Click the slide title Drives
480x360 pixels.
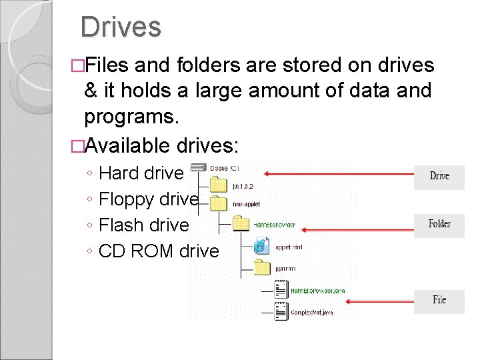point(121,27)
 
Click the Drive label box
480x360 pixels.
point(439,177)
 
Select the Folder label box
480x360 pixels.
point(439,225)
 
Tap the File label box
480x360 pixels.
point(439,301)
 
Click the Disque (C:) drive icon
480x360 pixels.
point(199,167)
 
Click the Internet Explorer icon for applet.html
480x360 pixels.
point(262,246)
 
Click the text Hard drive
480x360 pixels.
point(141,173)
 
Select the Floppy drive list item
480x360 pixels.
point(148,199)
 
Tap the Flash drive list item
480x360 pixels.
point(143,225)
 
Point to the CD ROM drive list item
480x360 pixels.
point(158,251)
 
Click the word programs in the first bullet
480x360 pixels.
point(131,117)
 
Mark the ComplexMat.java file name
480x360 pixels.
point(313,312)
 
